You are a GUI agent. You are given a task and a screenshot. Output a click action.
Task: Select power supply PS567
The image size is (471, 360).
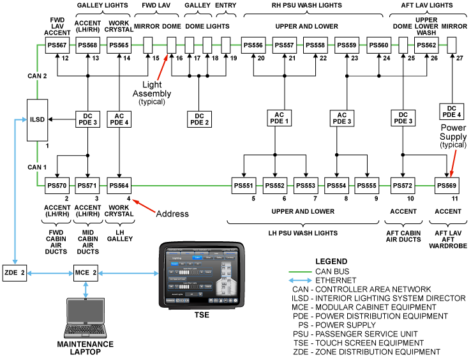click(57, 45)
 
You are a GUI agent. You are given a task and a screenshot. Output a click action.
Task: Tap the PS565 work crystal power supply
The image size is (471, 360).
click(119, 45)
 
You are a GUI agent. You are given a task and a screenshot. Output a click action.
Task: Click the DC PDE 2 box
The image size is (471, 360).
click(199, 119)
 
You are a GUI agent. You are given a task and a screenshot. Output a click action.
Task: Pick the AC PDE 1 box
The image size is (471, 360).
click(278, 119)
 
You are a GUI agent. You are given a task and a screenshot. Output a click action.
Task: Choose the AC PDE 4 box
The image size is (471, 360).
click(119, 119)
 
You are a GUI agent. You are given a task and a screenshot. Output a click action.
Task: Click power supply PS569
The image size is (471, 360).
click(447, 186)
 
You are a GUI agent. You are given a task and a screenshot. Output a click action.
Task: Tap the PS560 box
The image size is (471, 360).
click(379, 45)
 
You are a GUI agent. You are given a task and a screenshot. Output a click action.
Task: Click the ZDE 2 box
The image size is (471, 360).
click(14, 273)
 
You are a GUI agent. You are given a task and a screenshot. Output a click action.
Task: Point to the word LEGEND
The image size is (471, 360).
click(332, 262)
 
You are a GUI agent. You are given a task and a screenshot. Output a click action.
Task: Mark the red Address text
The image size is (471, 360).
click(172, 213)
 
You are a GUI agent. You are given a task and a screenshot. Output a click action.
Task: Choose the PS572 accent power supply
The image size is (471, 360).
click(402, 186)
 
